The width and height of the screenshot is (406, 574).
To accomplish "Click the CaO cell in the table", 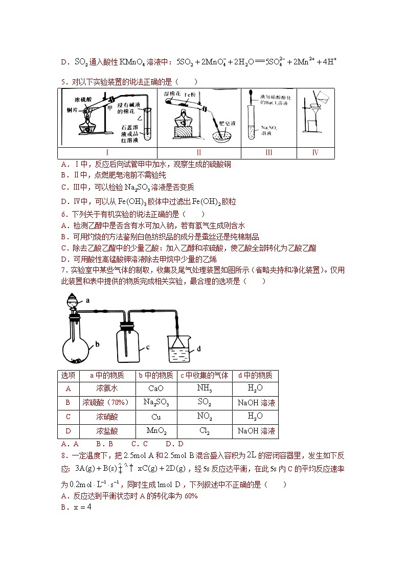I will (156, 388).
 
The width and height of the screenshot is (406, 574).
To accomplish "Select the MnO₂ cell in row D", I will (156, 431).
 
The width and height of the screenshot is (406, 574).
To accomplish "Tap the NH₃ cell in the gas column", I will (204, 388).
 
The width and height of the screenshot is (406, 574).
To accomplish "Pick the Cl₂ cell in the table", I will (204, 431).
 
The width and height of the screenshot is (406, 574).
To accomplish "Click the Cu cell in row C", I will (156, 417).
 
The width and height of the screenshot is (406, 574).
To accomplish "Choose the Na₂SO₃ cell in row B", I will (156, 402).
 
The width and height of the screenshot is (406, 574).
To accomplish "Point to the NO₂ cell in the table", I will (204, 417).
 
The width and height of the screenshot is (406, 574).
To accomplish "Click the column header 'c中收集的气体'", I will (204, 375).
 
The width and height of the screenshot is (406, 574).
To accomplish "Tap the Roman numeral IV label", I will (315, 152).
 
